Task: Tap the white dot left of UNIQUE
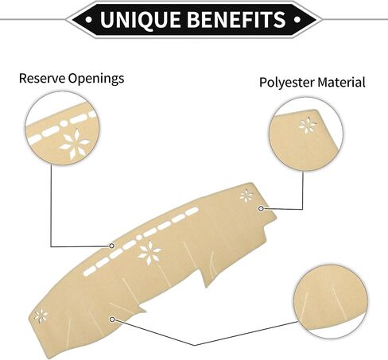click(89, 19)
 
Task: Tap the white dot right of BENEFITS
click(297, 19)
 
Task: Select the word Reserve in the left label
click(42, 79)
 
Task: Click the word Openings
click(96, 79)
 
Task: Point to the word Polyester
click(286, 83)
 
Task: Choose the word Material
click(341, 82)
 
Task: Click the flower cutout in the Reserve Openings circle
click(75, 143)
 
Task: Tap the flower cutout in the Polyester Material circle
click(308, 125)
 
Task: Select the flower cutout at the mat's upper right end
click(246, 196)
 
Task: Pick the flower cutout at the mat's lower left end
click(41, 315)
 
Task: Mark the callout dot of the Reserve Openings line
click(112, 246)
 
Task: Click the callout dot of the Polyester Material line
click(261, 208)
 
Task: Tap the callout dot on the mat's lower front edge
click(112, 319)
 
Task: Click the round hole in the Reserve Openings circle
click(64, 123)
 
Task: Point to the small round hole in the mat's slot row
click(138, 238)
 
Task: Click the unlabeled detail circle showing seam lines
click(331, 302)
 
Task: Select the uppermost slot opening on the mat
click(192, 211)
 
